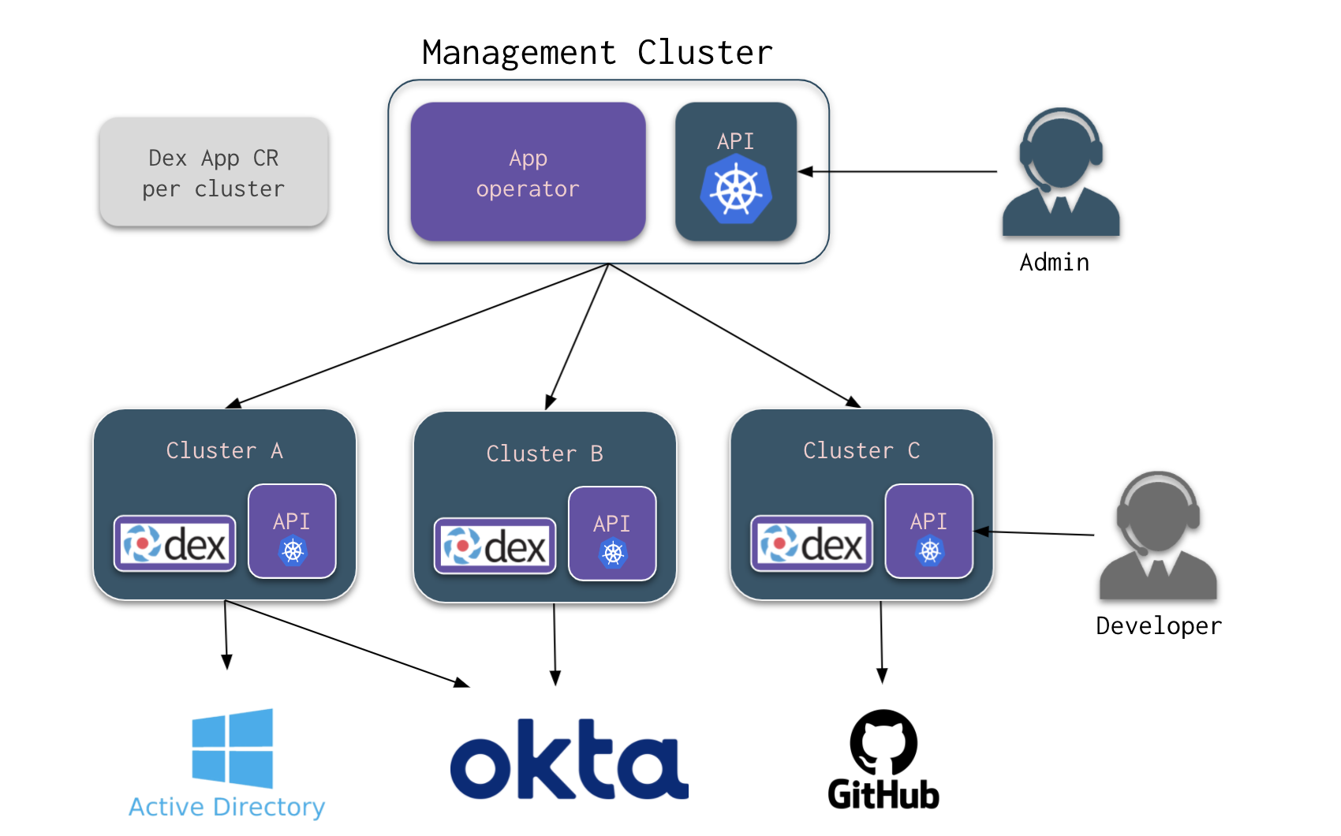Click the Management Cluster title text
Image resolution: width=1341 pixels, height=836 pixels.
coord(597,53)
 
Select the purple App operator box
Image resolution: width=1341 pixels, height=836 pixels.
coord(528,172)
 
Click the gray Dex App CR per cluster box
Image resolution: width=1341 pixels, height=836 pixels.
coord(213,173)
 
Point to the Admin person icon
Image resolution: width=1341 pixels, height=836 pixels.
coord(1060,174)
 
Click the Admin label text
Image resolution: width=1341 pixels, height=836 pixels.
coord(1054,263)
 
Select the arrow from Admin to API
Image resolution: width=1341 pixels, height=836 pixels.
coord(899,171)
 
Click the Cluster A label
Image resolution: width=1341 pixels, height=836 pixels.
coord(224,450)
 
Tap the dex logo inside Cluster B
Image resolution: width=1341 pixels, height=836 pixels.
coord(495,546)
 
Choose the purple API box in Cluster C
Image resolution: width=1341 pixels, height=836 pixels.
coord(928,532)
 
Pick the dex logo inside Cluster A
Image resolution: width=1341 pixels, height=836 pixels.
coord(175,543)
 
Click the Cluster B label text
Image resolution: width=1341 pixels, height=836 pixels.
coord(544,453)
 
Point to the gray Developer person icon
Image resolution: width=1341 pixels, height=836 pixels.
coord(1157,536)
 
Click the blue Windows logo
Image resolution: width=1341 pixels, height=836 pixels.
coord(233,748)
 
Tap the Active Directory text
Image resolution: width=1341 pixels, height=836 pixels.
coord(227,807)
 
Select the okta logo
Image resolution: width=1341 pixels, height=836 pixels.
coord(568,759)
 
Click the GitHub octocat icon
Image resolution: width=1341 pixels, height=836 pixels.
coord(883,742)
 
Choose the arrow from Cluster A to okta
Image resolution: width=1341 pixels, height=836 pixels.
coord(347,644)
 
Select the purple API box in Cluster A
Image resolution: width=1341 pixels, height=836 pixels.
coord(292,532)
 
